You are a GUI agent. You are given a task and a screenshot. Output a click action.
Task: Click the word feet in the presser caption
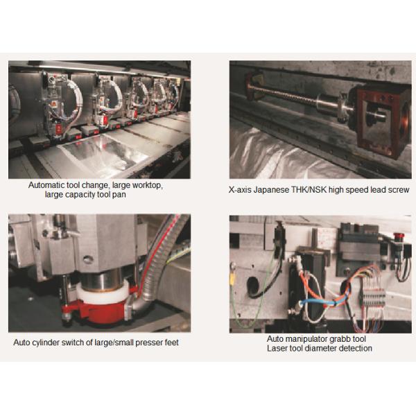click(172, 343)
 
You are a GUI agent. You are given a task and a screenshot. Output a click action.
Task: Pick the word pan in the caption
click(119, 195)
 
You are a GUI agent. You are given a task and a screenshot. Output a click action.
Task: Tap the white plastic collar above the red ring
click(102, 293)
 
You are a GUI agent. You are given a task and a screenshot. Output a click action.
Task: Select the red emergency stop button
click(397, 236)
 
